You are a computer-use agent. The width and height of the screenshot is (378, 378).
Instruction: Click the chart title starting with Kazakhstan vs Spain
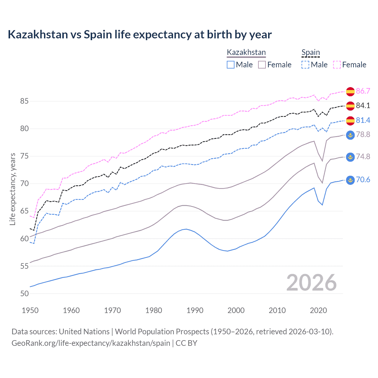(139, 35)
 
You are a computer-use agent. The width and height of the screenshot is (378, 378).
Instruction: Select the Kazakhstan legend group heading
(246, 53)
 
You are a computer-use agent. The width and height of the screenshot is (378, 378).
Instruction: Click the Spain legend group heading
(310, 53)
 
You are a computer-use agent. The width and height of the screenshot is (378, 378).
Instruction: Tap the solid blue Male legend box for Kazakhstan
(231, 65)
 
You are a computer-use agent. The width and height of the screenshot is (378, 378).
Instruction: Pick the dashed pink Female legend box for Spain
(337, 65)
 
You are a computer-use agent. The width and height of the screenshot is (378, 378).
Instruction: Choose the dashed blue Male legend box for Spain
(305, 65)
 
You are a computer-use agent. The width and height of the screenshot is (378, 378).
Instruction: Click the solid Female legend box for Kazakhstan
(262, 65)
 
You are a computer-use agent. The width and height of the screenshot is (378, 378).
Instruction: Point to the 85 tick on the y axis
(24, 101)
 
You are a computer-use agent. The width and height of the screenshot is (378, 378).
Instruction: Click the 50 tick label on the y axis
(24, 294)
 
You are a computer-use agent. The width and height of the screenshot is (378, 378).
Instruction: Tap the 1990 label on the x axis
(195, 310)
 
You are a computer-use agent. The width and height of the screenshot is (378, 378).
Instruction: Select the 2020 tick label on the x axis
(318, 310)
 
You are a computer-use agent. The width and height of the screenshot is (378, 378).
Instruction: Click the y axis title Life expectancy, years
(12, 189)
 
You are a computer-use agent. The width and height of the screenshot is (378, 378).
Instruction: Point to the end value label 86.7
(363, 91)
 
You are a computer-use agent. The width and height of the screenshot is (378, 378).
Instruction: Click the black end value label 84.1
(363, 105)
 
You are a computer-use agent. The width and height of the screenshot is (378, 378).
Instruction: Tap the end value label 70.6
(363, 180)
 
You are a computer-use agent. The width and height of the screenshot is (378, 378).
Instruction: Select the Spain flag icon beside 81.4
(350, 120)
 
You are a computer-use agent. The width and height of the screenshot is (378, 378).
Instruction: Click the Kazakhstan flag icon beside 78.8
(350, 135)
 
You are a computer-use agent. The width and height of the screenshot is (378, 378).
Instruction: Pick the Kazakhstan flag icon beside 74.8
(350, 157)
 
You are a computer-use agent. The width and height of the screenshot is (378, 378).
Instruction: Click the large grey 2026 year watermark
(311, 283)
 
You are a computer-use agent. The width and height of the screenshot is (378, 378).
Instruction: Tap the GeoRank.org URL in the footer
(91, 343)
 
